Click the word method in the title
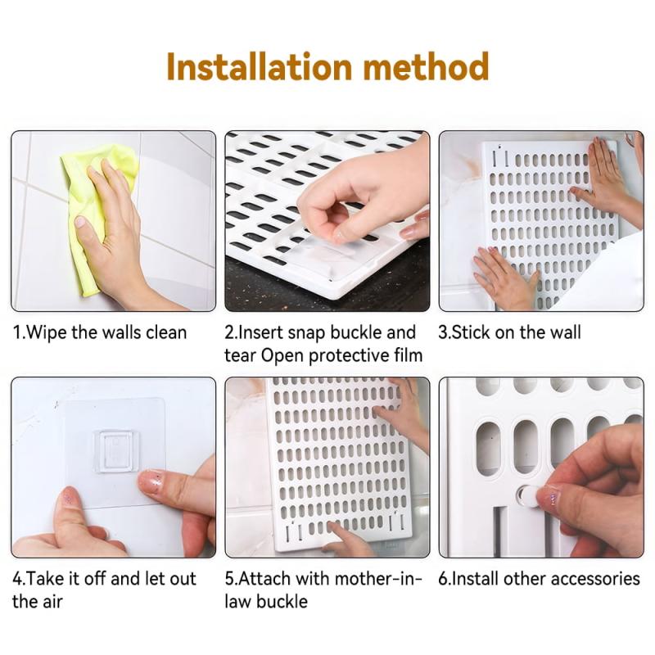coord(426,67)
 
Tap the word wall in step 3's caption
coord(565,332)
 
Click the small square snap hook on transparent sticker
coord(116,451)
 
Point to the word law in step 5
coord(237,602)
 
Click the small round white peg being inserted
coord(526,495)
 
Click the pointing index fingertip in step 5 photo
coord(334,527)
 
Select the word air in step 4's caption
coord(52,602)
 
